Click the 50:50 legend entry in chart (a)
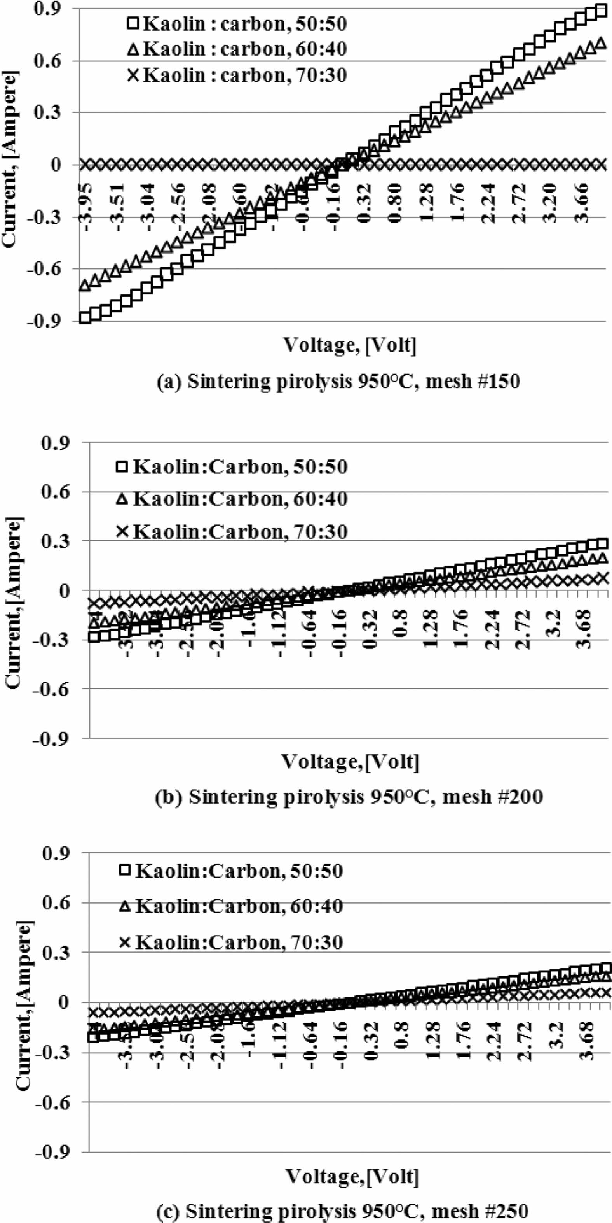click(237, 23)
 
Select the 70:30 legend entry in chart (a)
click(237, 75)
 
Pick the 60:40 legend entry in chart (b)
click(232, 499)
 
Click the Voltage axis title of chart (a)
click(350, 345)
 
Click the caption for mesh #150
click(338, 382)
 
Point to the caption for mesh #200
click(349, 796)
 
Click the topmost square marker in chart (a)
click(601, 11)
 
